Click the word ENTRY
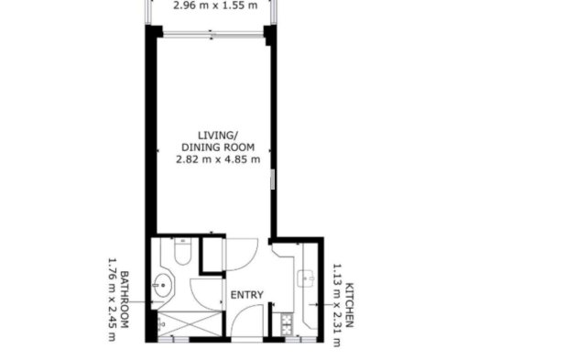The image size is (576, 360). click(247, 295)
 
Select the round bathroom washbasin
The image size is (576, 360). click(165, 285)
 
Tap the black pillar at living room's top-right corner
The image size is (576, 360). click(270, 34)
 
